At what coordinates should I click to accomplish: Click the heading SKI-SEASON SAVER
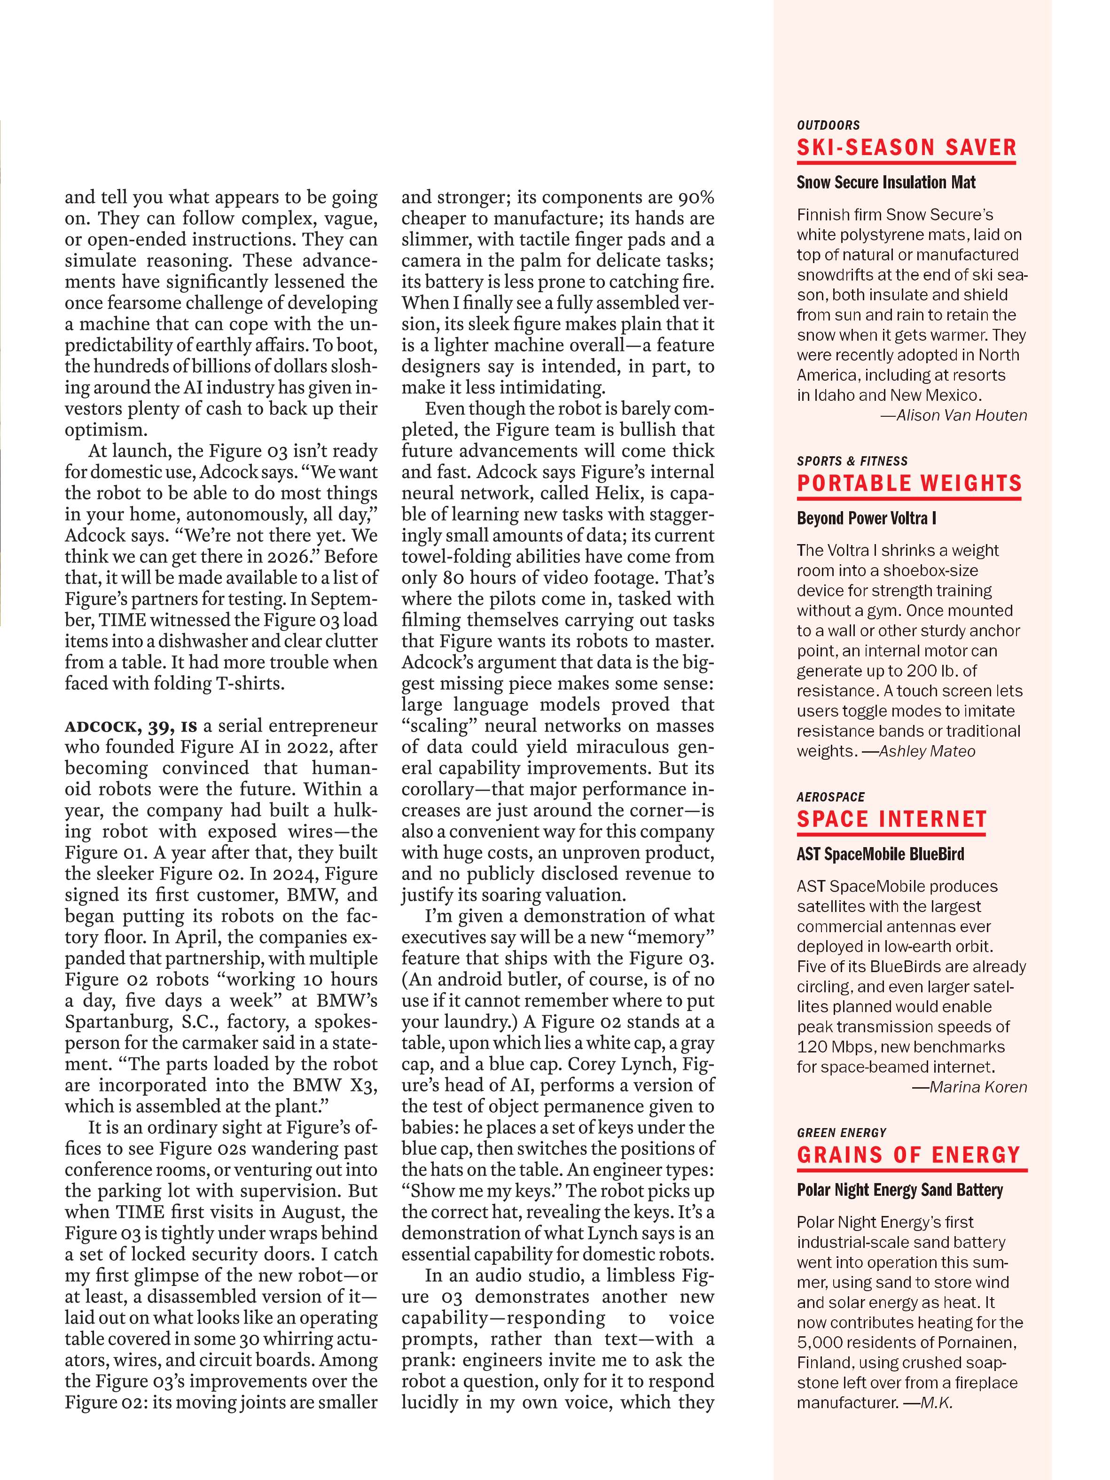point(906,148)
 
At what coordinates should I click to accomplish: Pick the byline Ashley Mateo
point(927,751)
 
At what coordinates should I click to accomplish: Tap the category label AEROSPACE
point(830,797)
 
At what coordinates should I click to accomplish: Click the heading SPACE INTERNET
point(891,819)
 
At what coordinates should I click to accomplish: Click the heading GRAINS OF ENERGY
point(908,1155)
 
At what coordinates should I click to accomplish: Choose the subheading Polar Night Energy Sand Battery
point(900,1190)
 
